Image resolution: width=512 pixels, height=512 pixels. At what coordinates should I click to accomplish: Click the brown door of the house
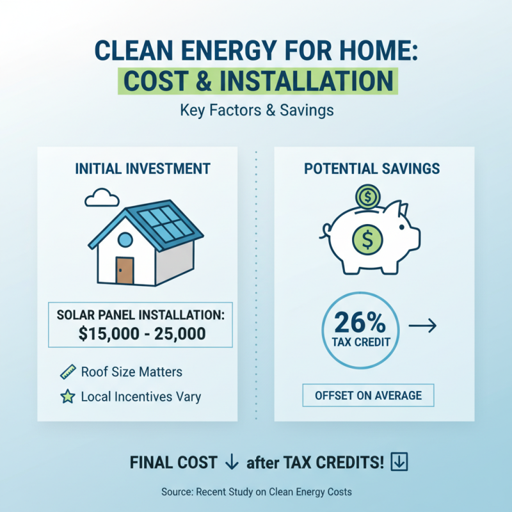pyautogui.click(x=125, y=269)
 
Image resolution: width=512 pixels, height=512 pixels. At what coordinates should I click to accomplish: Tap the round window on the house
pyautogui.click(x=125, y=240)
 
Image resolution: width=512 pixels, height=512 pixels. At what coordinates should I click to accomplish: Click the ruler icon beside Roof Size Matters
pyautogui.click(x=68, y=372)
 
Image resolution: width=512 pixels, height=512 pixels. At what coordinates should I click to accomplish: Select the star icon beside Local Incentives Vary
pyautogui.click(x=68, y=397)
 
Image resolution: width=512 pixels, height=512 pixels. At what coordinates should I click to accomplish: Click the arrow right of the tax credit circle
pyautogui.click(x=422, y=326)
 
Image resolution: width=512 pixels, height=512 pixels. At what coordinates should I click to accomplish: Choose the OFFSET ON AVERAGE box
pyautogui.click(x=368, y=396)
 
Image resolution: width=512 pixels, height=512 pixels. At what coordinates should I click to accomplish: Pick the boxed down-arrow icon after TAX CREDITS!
pyautogui.click(x=399, y=462)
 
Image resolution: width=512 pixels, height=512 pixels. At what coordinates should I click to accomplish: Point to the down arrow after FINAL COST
pyautogui.click(x=232, y=462)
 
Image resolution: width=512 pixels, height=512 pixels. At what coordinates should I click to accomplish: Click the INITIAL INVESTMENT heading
pyautogui.click(x=143, y=169)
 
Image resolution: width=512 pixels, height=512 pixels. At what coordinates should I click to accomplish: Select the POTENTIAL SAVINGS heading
pyautogui.click(x=372, y=169)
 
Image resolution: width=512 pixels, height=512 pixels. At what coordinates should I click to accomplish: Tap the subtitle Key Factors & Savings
pyautogui.click(x=256, y=110)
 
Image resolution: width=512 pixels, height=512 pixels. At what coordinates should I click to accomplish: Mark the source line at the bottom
pyautogui.click(x=256, y=492)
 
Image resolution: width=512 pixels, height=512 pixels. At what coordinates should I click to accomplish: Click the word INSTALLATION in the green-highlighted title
pyautogui.click(x=312, y=81)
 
